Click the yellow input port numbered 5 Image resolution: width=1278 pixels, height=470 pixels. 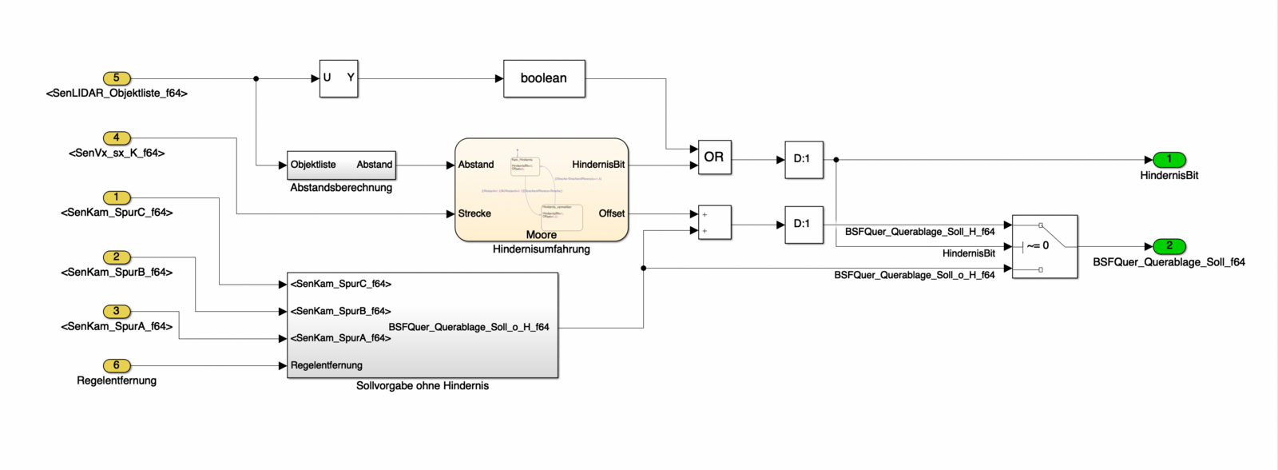117,78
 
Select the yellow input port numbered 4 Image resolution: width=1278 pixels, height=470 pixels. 117,138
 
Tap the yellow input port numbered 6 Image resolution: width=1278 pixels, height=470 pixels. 117,365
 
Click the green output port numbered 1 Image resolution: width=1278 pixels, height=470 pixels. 1169,160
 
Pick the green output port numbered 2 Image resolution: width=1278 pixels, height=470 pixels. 1169,246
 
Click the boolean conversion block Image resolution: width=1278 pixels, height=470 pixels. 544,78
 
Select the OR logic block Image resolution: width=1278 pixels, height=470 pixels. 714,157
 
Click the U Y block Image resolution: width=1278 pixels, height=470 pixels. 339,78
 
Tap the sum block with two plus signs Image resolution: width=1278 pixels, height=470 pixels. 714,223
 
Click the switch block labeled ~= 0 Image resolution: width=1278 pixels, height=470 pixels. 1044,246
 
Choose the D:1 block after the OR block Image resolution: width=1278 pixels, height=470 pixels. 803,159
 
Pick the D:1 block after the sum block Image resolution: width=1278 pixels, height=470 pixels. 803,224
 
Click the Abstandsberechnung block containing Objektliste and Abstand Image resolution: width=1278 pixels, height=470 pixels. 341,165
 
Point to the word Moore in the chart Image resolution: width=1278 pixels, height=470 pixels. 542,235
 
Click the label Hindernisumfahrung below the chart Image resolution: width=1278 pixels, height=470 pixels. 542,249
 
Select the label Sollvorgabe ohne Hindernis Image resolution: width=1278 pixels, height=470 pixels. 423,386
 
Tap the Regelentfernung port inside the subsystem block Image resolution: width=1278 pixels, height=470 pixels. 327,365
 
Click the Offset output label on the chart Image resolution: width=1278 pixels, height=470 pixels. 612,213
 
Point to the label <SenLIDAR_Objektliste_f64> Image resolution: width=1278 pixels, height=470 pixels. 117,94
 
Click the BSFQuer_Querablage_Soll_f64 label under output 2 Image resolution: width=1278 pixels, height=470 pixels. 1169,262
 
